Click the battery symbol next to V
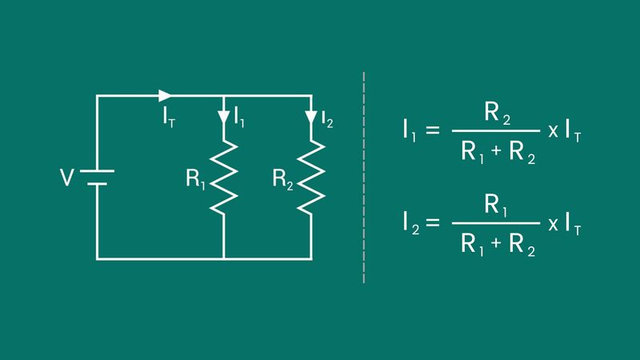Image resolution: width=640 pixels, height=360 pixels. (x=98, y=177)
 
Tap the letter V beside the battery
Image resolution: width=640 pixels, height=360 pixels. (x=67, y=177)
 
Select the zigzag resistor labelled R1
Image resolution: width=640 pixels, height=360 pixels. (x=223, y=176)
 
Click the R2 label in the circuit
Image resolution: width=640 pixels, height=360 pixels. (x=282, y=179)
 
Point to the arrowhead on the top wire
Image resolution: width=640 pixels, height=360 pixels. (x=165, y=95)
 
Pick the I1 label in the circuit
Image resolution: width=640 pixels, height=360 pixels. (x=239, y=118)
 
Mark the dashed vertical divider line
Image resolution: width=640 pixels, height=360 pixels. (x=364, y=176)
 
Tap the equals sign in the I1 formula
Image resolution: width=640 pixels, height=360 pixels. (x=433, y=130)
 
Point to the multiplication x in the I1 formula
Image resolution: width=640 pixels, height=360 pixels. (x=553, y=131)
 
